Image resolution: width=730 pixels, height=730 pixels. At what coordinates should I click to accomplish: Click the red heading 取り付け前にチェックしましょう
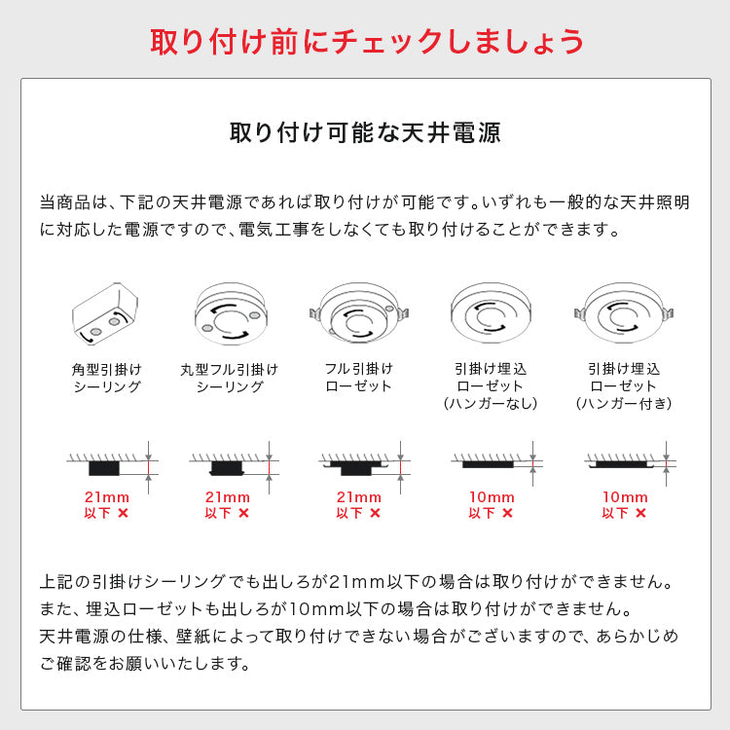[x=365, y=41]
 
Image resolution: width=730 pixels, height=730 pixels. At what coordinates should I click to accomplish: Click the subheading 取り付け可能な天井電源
[x=365, y=131]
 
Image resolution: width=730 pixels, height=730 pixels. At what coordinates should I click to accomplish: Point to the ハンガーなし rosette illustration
[x=491, y=310]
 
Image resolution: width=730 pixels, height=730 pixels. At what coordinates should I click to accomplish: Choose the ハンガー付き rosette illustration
[x=623, y=310]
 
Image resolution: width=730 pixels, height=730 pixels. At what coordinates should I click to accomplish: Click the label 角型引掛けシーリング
[x=106, y=378]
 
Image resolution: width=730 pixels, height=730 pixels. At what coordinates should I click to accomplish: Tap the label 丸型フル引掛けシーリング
[x=230, y=378]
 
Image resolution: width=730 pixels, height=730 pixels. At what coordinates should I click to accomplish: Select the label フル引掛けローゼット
[x=358, y=378]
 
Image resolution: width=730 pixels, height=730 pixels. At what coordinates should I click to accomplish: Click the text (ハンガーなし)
[x=491, y=403]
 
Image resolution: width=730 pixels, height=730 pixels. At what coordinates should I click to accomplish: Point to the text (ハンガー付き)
[x=623, y=403]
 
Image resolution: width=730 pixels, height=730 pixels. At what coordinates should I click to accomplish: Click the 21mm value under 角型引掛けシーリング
[x=106, y=496]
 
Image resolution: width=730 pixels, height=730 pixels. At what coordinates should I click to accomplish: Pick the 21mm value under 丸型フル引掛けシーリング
[x=228, y=496]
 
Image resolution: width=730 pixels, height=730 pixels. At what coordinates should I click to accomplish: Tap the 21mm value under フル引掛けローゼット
[x=358, y=496]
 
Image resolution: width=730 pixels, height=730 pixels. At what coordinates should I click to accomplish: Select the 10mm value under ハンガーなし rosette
[x=491, y=496]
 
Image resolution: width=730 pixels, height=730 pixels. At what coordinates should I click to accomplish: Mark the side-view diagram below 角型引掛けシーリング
[x=109, y=463]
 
